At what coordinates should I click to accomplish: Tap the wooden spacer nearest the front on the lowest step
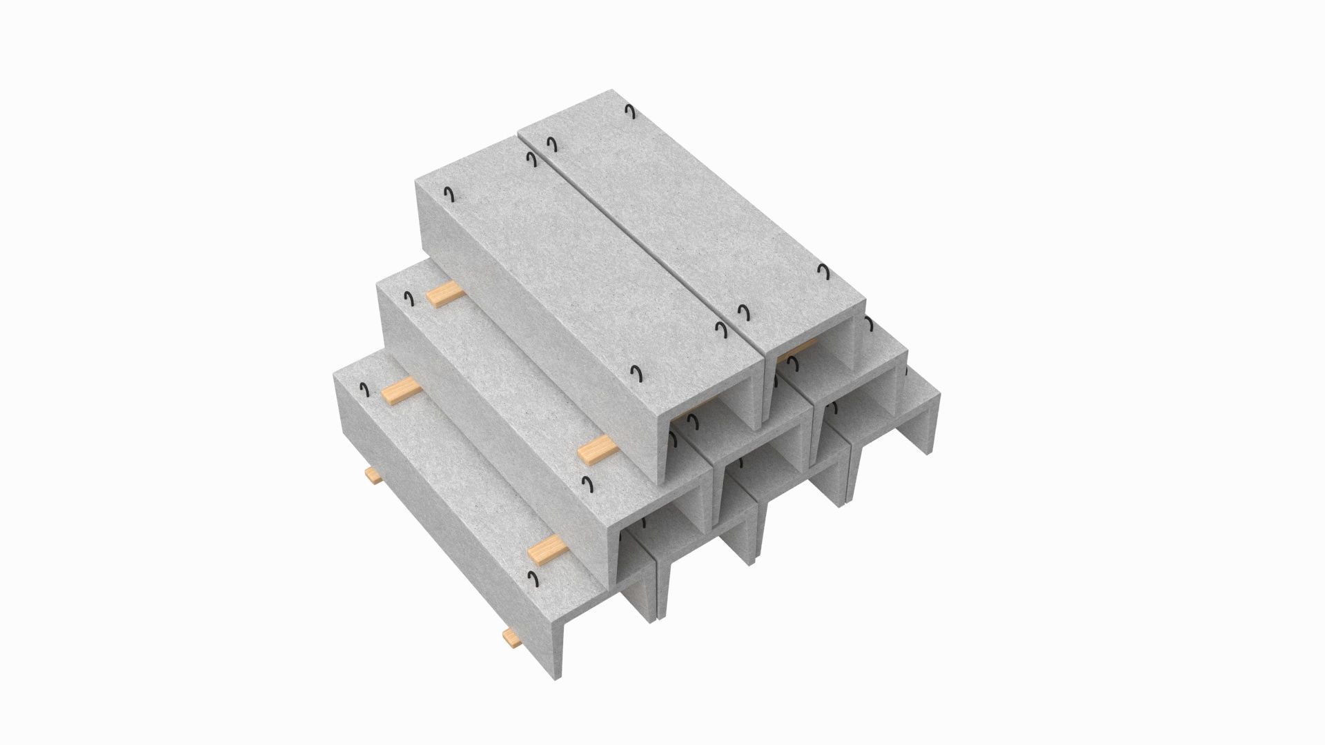(550, 548)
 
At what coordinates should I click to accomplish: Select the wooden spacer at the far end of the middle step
(444, 295)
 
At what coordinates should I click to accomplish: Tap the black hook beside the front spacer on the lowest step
(533, 577)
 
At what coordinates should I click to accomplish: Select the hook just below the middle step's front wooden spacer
(588, 483)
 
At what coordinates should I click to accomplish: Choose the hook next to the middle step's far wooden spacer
(409, 298)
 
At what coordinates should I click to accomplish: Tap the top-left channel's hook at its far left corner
(449, 195)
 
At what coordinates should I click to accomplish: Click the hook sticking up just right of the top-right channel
(867, 324)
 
